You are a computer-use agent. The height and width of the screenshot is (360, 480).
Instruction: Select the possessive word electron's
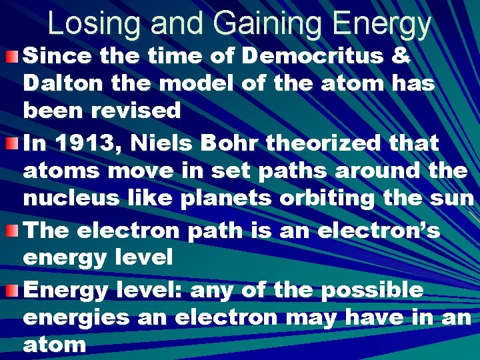pos(383,230)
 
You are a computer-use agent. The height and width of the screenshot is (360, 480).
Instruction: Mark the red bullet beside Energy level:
pos(12,289)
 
